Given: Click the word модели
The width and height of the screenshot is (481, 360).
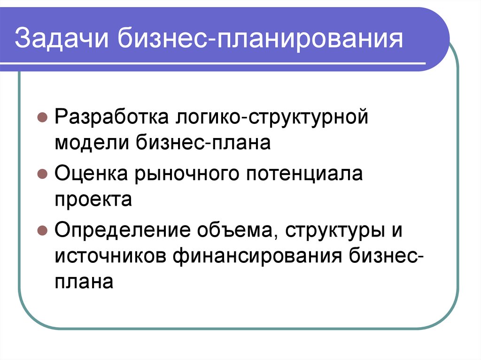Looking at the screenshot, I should pos(92,142).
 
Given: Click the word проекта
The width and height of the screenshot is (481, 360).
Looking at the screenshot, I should pos(93,199).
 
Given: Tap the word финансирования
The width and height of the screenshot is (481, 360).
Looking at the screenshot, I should pos(258,256).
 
